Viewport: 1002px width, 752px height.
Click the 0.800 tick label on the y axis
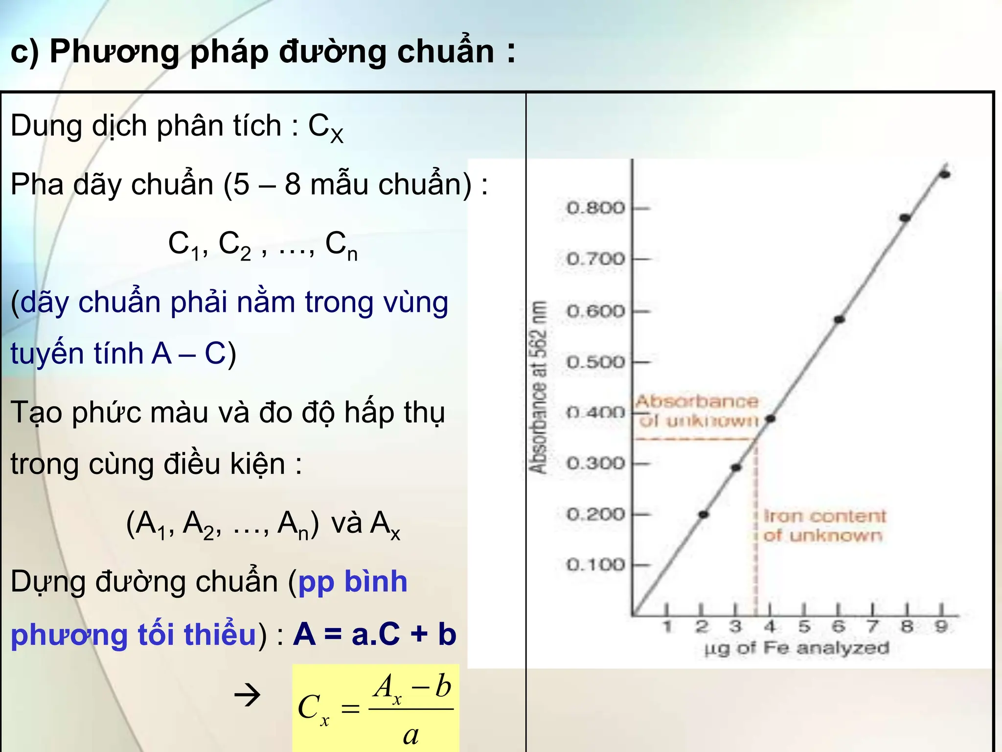[x=595, y=208]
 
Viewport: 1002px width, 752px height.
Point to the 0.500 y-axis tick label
[x=595, y=362]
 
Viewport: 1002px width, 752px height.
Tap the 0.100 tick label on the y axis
[x=595, y=565]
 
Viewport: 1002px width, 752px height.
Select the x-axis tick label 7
[x=872, y=627]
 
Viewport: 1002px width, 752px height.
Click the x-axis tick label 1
[x=667, y=627]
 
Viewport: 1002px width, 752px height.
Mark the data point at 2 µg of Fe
[x=704, y=515]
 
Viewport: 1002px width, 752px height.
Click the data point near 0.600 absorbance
[x=840, y=320]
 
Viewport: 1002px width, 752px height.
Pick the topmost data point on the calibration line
[x=945, y=174]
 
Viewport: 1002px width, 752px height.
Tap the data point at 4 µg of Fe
[x=771, y=419]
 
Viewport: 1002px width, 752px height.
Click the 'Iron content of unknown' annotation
[x=824, y=526]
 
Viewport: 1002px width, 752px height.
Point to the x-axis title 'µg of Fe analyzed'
[x=797, y=648]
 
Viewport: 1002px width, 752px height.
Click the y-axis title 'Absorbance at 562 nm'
[x=538, y=387]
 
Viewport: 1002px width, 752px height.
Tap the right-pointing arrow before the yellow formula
[x=248, y=695]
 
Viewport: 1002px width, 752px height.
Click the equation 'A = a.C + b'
[x=375, y=634]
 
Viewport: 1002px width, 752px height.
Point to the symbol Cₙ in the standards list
[x=341, y=245]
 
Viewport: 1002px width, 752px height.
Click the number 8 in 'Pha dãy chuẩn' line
[x=293, y=185]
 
